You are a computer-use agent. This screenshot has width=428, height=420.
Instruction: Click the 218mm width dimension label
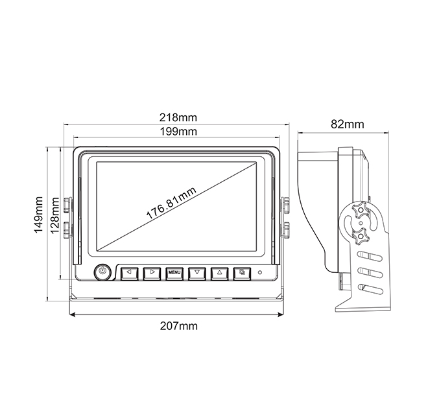(x=179, y=119)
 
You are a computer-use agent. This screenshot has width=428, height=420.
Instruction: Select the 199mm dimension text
(x=179, y=132)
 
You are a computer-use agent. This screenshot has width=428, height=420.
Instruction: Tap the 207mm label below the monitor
(x=179, y=325)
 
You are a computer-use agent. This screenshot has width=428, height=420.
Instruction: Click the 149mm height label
(x=40, y=215)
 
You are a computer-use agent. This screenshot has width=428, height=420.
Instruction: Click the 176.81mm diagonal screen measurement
(x=172, y=204)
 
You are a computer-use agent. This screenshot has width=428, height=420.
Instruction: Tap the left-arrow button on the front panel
(x=129, y=273)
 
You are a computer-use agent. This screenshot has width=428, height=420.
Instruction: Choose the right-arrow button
(x=152, y=273)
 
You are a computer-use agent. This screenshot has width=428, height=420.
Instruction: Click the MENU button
(x=174, y=273)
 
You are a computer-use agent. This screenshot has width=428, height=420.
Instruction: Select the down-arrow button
(x=196, y=273)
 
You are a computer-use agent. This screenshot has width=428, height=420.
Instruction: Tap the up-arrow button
(x=219, y=273)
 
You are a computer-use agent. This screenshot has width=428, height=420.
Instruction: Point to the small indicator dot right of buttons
(x=259, y=273)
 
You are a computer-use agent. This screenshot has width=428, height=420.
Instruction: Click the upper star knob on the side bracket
(x=357, y=212)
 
